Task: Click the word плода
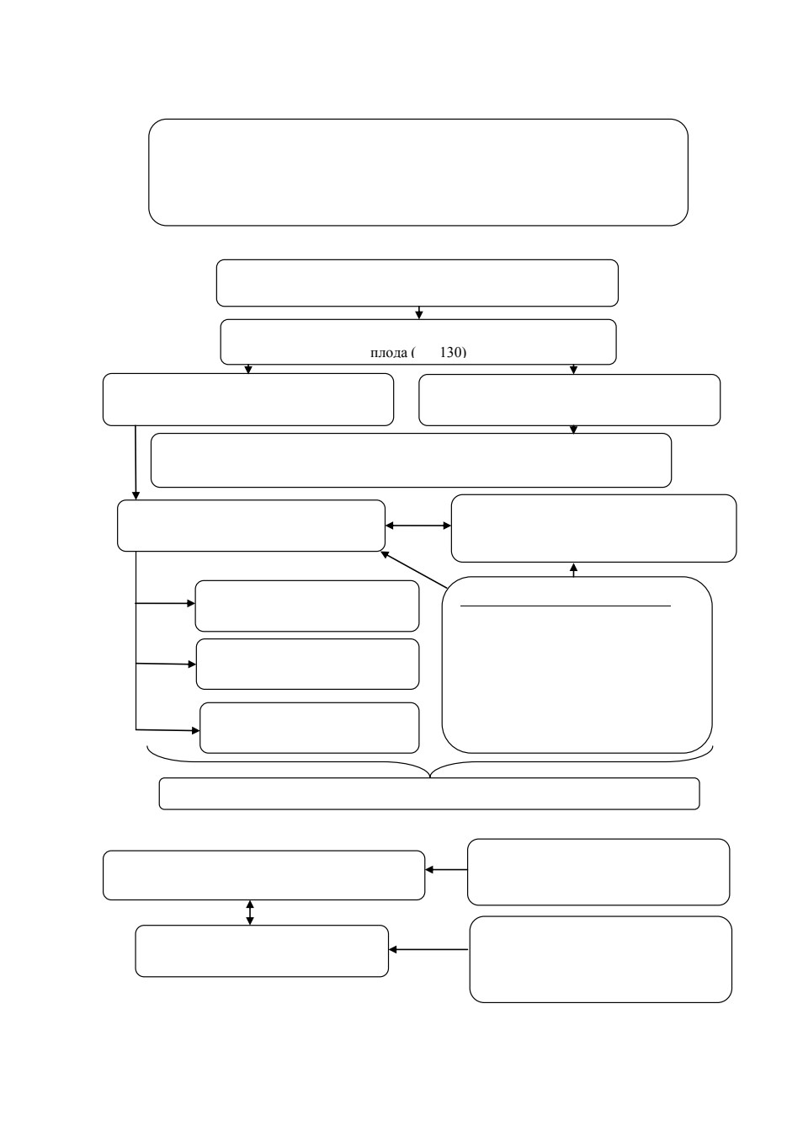coord(389,352)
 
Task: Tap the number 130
coord(451,352)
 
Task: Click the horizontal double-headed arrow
coord(418,526)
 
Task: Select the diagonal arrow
coord(413,569)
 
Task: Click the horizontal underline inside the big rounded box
coord(566,606)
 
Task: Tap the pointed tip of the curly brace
coord(430,777)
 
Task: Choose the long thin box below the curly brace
coord(429,793)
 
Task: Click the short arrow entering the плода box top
coord(419,312)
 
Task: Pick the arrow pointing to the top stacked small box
coord(165,604)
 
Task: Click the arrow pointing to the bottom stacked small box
coord(168,730)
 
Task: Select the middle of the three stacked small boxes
coord(307,664)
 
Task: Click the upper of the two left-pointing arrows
coord(446,869)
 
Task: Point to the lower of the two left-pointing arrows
coord(428,949)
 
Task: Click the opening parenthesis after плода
coord(413,352)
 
